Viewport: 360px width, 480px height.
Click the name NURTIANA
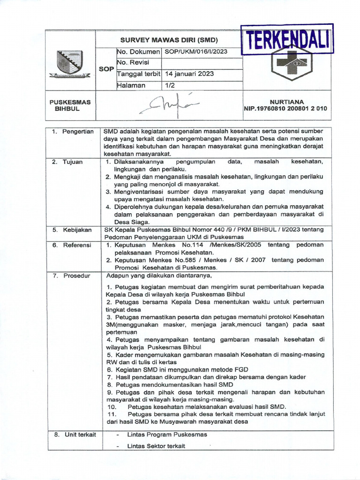(287, 101)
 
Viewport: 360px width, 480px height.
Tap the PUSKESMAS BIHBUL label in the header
(70, 105)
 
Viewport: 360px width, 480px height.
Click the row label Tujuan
(73, 162)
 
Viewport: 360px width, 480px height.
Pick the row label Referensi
(76, 245)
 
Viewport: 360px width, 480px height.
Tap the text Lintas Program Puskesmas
(167, 435)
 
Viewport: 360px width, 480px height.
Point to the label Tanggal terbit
(138, 74)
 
